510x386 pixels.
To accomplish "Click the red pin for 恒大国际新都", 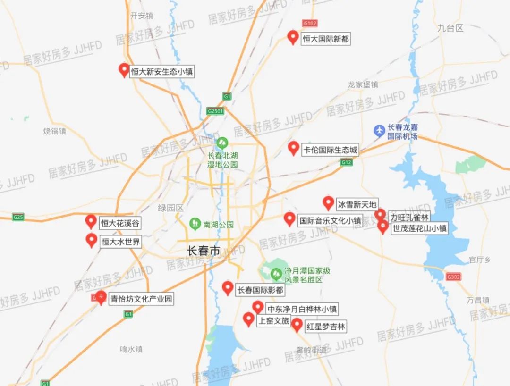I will point(293,37).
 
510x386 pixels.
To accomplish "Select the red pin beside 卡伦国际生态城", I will point(293,148).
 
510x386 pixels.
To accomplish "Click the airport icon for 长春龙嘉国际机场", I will point(379,131).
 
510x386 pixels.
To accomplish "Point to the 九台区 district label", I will point(450,28).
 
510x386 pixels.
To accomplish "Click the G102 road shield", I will point(310,23).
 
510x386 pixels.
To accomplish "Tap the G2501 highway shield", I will point(215,111).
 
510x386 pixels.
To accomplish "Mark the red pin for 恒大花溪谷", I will point(91,221).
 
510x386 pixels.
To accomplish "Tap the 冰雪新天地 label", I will point(357,204).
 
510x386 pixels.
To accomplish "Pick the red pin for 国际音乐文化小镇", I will point(289,218).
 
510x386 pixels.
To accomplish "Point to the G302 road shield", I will point(453,277).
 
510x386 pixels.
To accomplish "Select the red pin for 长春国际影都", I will point(228,288).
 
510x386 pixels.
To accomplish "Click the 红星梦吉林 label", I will point(326,327).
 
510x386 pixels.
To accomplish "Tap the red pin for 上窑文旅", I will point(248,319).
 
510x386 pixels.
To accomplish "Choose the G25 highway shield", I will point(18,217).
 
